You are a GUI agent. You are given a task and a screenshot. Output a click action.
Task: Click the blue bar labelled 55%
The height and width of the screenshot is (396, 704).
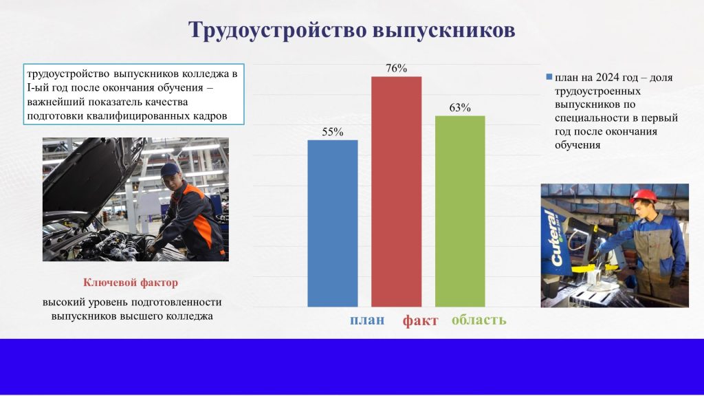pos(333,223)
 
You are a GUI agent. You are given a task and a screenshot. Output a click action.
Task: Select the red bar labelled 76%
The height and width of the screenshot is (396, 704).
pos(397,192)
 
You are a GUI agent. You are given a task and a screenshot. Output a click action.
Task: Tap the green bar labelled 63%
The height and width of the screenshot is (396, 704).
pos(460,212)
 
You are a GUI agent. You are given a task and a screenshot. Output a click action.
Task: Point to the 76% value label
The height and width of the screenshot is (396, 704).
pos(397,68)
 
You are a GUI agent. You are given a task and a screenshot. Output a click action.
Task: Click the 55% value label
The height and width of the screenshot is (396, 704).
pos(333,132)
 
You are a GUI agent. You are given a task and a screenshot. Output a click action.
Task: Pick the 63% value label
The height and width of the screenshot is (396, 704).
pos(460,108)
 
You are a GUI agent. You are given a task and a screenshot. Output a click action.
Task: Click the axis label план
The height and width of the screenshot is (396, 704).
pos(367,320)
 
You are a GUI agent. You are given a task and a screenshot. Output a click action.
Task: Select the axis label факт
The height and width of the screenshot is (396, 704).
pos(420,320)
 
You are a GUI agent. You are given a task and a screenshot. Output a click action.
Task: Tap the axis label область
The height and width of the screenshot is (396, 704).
pos(479,320)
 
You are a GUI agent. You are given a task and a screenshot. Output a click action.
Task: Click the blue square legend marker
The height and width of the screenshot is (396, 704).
pos(549,77)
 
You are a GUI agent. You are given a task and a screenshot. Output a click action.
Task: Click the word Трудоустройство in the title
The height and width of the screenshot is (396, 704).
pos(277,30)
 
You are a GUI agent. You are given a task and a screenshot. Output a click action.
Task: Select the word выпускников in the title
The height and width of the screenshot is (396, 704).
pos(444,30)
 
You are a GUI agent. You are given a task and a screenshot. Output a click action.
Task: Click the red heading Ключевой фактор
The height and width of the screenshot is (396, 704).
pos(131,283)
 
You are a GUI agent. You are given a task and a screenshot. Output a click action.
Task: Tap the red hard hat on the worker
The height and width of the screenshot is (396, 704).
pos(643,196)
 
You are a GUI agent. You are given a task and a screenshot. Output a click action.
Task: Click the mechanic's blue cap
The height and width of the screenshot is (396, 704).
pos(170,169)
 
